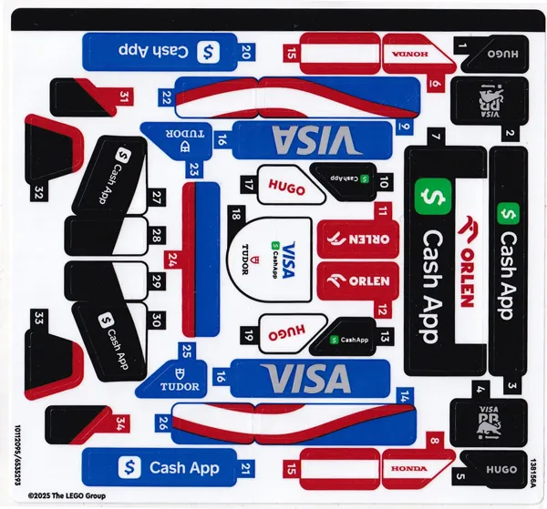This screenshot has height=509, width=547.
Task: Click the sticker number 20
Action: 246,53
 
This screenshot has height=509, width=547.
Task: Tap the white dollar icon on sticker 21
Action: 130,468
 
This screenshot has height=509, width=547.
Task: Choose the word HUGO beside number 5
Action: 500,469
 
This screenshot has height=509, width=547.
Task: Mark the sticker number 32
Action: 38,192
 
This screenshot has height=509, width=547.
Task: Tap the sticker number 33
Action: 38,319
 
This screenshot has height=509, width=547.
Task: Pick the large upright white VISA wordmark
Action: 305,377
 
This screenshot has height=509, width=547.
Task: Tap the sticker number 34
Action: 121,424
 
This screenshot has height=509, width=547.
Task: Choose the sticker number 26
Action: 162,423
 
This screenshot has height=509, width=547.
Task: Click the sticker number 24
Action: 172,260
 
